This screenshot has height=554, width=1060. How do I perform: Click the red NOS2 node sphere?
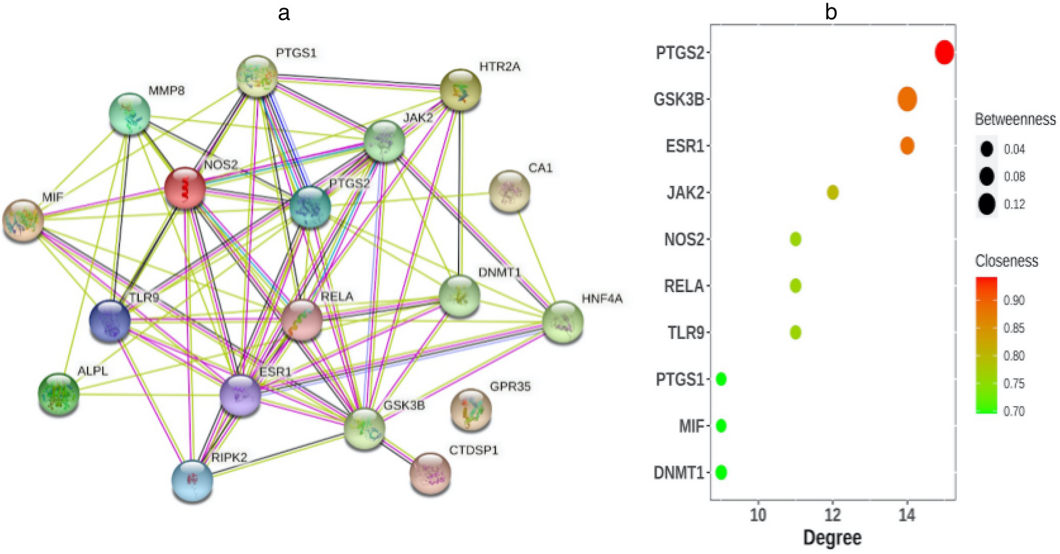click(185, 188)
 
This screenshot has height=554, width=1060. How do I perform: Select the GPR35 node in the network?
click(471, 409)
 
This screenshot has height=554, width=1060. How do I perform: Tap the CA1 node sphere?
click(509, 191)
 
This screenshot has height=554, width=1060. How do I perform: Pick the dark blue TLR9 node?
click(110, 321)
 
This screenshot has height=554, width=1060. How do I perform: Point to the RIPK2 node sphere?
click(192, 481)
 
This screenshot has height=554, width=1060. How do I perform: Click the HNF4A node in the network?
click(563, 322)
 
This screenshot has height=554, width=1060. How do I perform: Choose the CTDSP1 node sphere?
click(430, 473)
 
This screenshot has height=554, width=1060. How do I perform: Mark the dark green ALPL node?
click(59, 394)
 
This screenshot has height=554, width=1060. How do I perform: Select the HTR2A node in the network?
click(460, 89)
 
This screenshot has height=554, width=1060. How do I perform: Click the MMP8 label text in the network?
click(167, 91)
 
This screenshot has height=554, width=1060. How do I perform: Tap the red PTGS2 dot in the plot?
click(944, 53)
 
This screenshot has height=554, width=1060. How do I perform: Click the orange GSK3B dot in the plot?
click(907, 99)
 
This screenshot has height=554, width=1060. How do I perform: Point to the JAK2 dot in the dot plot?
click(833, 193)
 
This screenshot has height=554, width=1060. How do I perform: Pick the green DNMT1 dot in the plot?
click(721, 472)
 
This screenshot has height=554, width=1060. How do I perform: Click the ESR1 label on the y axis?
click(685, 146)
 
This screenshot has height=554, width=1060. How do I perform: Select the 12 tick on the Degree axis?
click(833, 515)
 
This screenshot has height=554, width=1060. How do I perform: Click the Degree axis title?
click(832, 538)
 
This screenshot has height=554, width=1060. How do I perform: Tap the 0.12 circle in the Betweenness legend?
click(987, 204)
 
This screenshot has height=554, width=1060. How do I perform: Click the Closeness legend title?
click(1006, 261)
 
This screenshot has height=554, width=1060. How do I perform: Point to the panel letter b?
click(831, 12)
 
